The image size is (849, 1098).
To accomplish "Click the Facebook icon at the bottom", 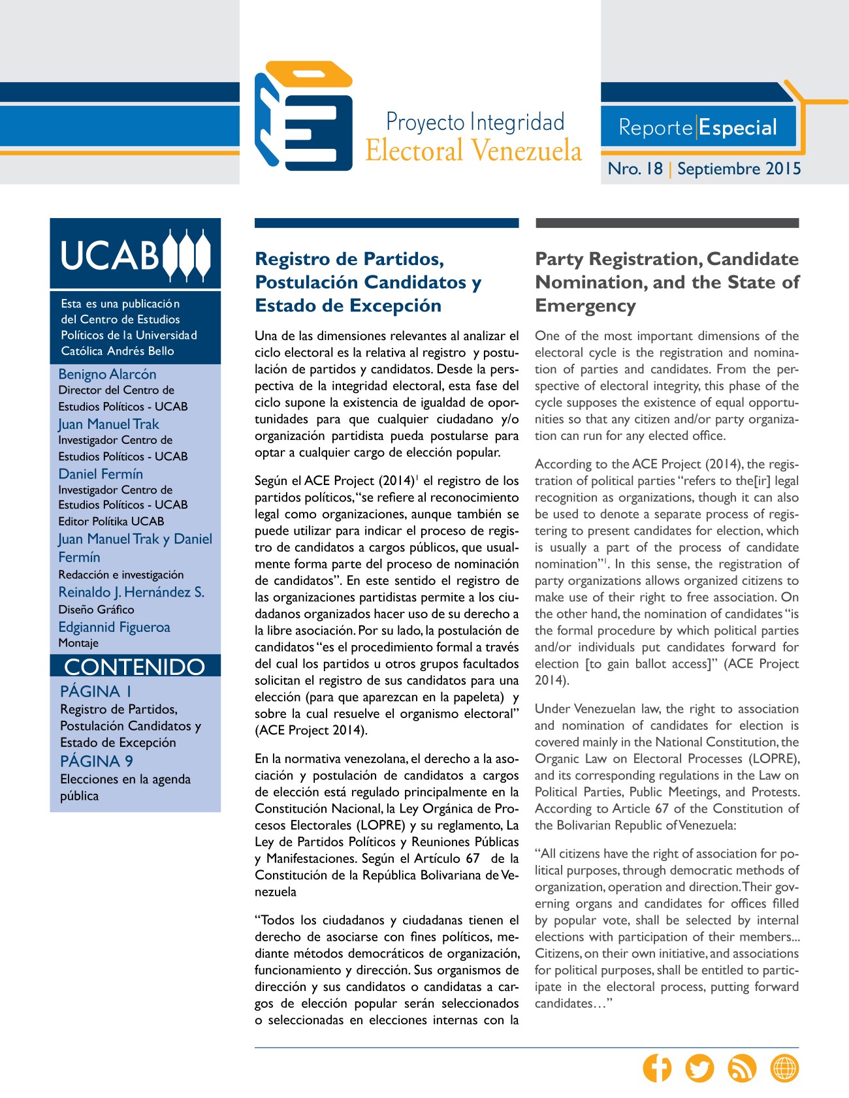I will [x=657, y=1068].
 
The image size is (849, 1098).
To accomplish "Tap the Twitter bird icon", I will [x=699, y=1068].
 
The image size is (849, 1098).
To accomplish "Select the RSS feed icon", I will [x=742, y=1068].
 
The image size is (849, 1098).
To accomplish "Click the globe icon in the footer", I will [x=784, y=1068].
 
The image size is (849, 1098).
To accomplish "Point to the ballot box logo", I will [x=304, y=116].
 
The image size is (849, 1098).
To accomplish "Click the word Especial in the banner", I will [x=738, y=127].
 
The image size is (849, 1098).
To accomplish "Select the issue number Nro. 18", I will [x=635, y=168].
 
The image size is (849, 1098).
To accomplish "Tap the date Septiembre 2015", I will [x=739, y=168].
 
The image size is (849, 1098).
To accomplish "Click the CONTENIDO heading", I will [x=135, y=667].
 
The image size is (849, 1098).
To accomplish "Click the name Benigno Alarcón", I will [x=107, y=374].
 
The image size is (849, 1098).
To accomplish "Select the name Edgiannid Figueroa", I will [x=114, y=627].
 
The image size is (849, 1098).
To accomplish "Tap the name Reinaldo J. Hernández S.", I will [x=131, y=592].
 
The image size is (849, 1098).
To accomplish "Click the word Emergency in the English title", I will [x=585, y=306].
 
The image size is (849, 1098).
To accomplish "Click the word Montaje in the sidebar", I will [x=78, y=643].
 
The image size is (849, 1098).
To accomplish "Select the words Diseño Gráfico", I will [x=96, y=609].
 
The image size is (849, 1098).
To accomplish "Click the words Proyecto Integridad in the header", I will [x=475, y=122].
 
